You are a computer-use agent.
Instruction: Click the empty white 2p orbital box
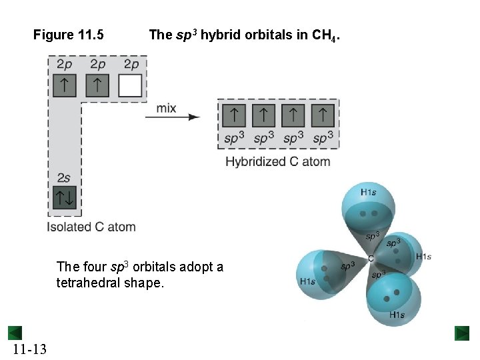(x=130, y=86)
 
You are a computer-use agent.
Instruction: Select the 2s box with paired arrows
(x=65, y=197)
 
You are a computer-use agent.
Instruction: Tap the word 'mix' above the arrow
(x=167, y=107)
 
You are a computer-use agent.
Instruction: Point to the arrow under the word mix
(x=173, y=117)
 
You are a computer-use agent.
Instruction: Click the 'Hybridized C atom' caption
(x=277, y=161)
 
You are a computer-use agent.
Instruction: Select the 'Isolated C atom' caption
(x=91, y=227)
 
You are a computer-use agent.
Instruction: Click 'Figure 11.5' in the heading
(x=69, y=35)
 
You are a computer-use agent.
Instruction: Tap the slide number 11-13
(x=29, y=349)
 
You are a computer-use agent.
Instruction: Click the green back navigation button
(x=15, y=333)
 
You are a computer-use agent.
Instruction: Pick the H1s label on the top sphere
(x=369, y=193)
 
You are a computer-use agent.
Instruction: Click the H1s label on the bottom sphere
(x=397, y=314)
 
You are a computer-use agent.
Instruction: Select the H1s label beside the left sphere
(x=307, y=281)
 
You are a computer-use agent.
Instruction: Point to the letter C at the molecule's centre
(x=371, y=258)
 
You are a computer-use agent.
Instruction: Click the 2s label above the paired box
(x=64, y=177)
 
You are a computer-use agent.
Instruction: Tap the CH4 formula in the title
(x=325, y=35)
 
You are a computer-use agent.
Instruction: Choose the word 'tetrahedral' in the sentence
(x=85, y=283)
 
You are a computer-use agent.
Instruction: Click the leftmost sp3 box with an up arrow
(x=234, y=115)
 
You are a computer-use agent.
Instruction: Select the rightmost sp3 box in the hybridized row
(x=323, y=115)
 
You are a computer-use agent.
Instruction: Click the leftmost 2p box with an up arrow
(x=65, y=86)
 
